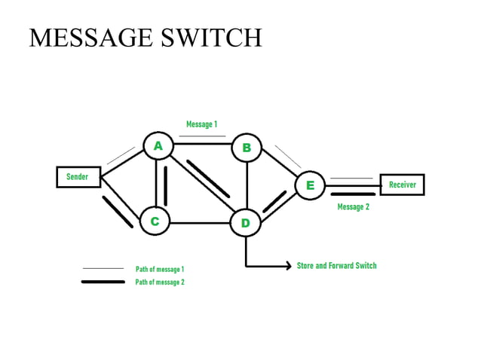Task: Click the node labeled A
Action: tap(158, 146)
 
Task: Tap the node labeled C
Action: tap(155, 221)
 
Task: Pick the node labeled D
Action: tap(245, 223)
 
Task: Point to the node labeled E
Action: tap(309, 185)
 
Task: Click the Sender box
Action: tap(78, 177)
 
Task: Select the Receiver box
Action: tap(403, 185)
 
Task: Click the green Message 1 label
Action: tap(201, 124)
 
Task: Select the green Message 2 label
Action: tap(353, 206)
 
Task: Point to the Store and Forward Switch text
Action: tap(336, 266)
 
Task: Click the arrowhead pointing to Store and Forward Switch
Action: tap(287, 266)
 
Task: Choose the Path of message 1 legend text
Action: tap(160, 269)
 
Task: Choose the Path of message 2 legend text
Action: tap(160, 282)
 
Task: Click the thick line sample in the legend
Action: tap(103, 282)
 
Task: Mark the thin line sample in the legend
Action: tap(103, 268)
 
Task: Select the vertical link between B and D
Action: tap(247, 185)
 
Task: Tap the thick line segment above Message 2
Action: tap(352, 194)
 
